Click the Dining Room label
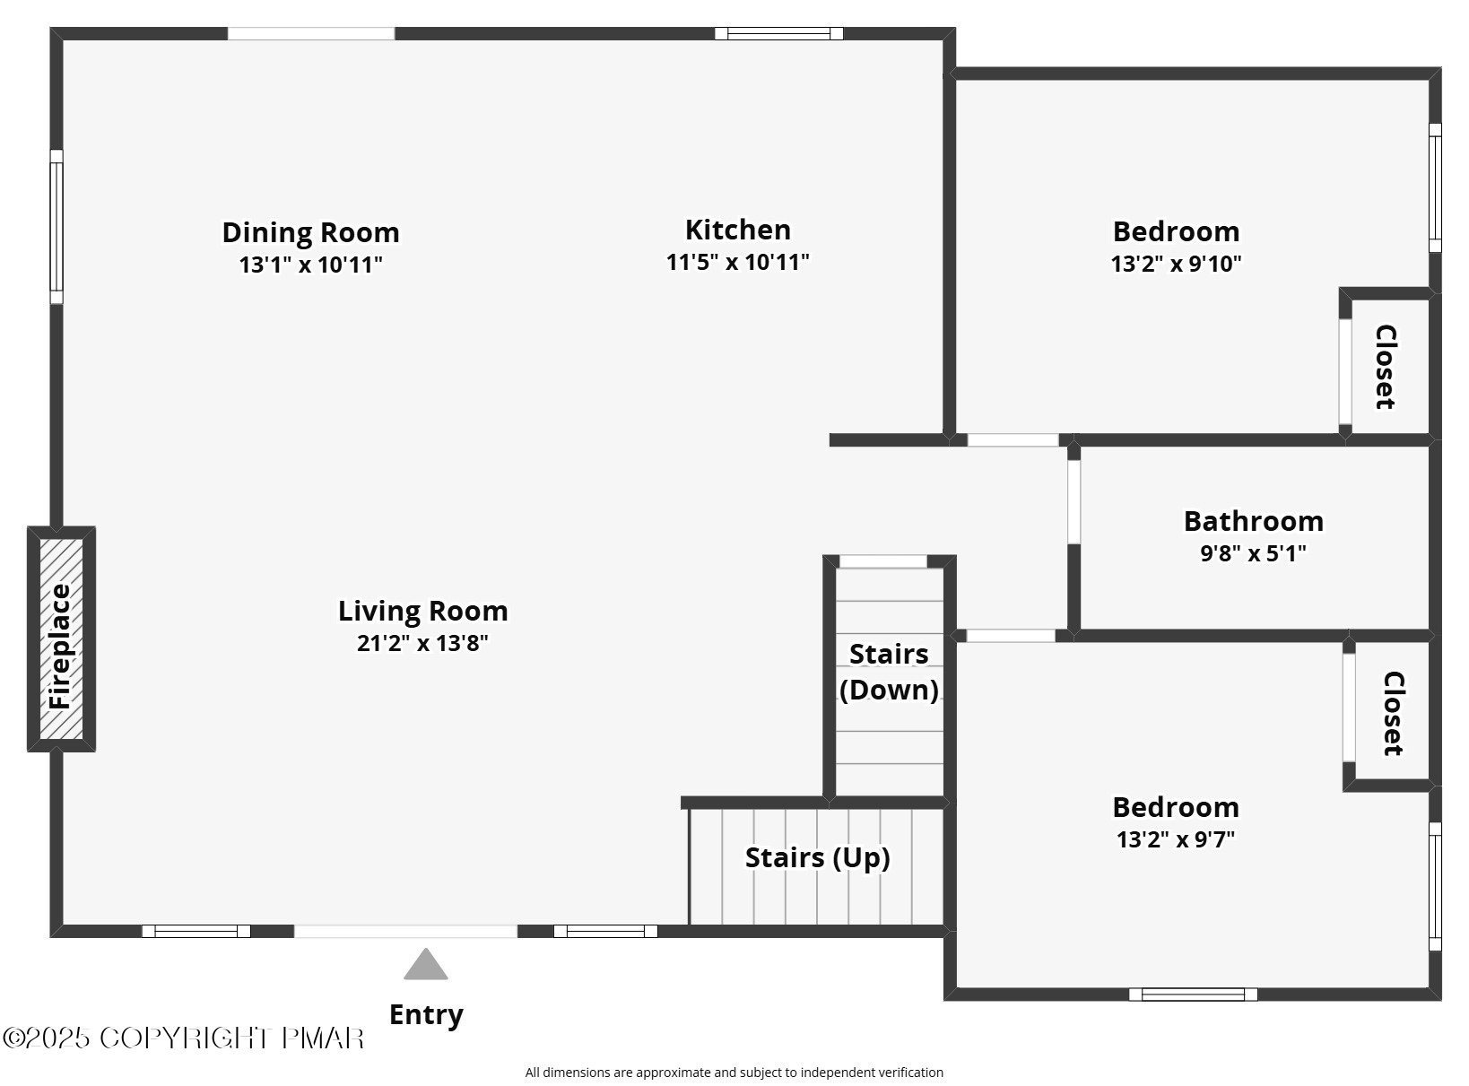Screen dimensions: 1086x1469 pos(310,232)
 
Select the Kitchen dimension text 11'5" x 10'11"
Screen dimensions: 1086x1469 pos(737,262)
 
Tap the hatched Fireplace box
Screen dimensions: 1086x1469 pos(61,639)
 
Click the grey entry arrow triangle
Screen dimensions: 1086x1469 pos(425,965)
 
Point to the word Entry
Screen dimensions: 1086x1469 pos(426,1014)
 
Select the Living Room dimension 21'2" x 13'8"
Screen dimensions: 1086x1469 pos(422,643)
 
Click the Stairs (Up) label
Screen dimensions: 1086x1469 pos(817,857)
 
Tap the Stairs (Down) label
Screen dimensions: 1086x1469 pos(889,672)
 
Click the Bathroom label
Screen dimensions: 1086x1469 pos(1253,521)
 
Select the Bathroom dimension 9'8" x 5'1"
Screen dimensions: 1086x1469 pos(1253,553)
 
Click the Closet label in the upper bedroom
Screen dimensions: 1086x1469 pos(1386,367)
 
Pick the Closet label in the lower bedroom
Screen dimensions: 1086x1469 pos(1392,713)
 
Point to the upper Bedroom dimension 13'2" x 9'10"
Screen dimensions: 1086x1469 pos(1176,264)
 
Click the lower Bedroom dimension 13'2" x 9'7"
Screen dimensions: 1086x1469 pos(1176,839)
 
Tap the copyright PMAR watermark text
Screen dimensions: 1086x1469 pos(183,1038)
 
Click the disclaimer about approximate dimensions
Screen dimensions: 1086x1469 pos(734,1072)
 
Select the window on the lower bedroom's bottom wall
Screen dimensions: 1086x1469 pos(1193,994)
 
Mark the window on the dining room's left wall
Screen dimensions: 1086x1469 pos(56,226)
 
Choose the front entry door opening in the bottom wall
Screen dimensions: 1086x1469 pos(405,931)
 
